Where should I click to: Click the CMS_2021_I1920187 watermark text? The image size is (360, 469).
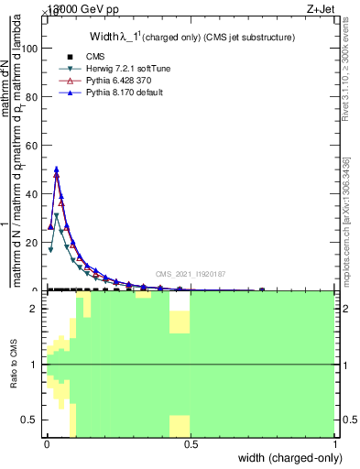190,274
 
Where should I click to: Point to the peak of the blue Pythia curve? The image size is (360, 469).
57,169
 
